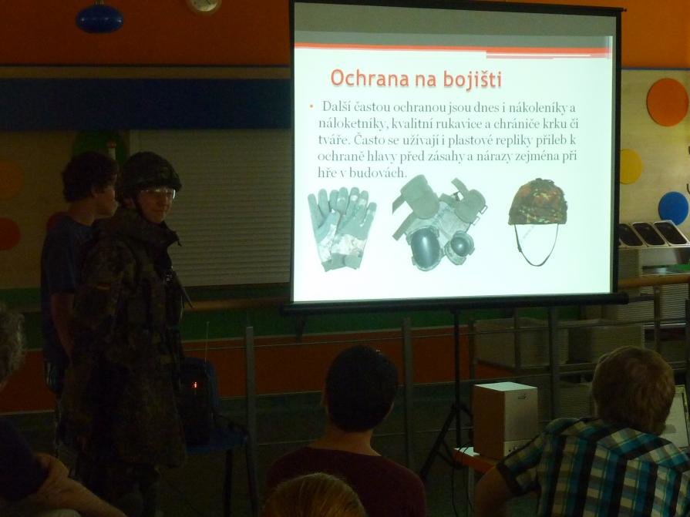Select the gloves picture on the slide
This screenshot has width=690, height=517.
[342, 228]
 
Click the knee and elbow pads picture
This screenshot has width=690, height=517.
[439, 222]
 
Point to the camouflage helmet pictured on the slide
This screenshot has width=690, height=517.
[538, 202]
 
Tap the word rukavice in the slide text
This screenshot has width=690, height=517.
[453, 124]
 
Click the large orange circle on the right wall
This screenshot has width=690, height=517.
[667, 102]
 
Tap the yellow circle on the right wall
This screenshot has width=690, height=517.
[631, 166]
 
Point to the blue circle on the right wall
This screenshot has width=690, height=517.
[673, 208]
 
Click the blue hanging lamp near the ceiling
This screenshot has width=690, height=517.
[99, 18]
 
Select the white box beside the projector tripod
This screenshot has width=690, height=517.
[505, 419]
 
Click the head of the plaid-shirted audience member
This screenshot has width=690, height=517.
[633, 388]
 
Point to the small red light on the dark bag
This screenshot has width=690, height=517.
[195, 385]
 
